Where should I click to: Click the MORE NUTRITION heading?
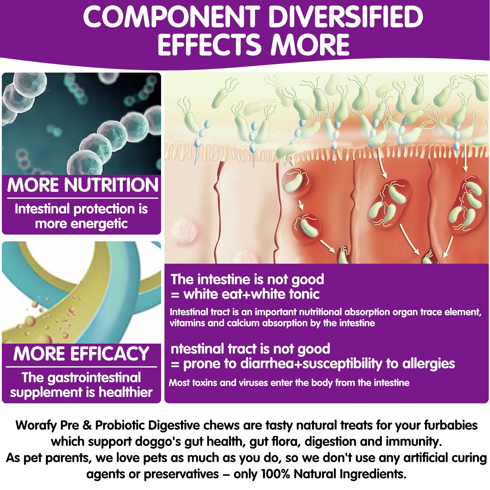click(83, 185)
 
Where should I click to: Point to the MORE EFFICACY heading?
click(81, 354)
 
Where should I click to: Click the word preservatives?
click(181, 474)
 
